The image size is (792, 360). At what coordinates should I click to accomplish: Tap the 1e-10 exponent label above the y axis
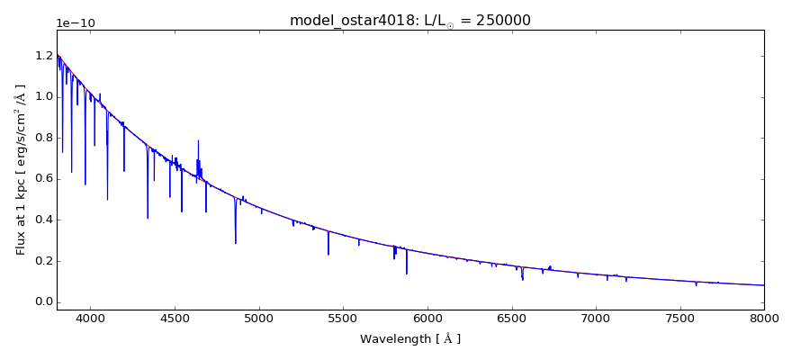click(x=76, y=23)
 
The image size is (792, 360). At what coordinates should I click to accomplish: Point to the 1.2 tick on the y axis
click(x=41, y=56)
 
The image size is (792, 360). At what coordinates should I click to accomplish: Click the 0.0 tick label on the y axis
click(x=41, y=302)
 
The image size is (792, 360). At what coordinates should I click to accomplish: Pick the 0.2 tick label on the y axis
click(x=41, y=261)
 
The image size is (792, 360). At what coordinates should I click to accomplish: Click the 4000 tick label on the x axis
click(x=90, y=319)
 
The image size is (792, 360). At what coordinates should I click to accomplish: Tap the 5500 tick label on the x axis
click(x=343, y=319)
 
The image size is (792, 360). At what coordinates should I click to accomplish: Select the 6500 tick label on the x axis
click(x=511, y=319)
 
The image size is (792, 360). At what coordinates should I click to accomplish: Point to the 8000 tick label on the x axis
click(x=764, y=319)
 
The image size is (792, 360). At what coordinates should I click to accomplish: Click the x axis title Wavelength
click(x=409, y=339)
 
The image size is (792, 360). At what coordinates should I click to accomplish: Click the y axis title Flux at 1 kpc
click(x=21, y=169)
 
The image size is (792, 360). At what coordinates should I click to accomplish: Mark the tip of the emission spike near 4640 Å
click(x=198, y=140)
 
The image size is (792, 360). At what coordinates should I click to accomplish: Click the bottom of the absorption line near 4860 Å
click(x=236, y=243)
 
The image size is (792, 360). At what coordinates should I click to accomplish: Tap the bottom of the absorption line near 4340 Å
click(x=148, y=218)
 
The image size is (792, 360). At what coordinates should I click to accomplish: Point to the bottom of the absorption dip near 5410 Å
click(x=328, y=255)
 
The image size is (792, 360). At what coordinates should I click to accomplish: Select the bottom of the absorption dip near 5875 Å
click(x=407, y=274)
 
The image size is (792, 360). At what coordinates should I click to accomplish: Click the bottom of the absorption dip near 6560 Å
click(x=522, y=280)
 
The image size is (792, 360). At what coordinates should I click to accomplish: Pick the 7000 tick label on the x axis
click(x=596, y=319)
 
